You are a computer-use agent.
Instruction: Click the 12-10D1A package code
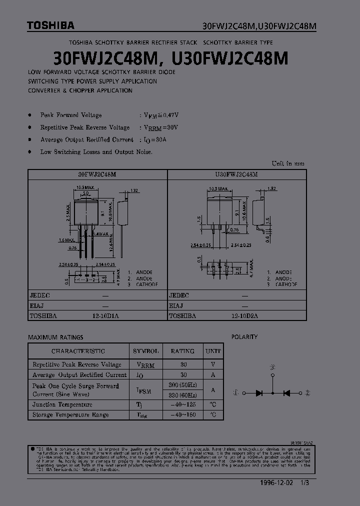coord(105,316)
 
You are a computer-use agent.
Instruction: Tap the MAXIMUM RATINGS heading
coord(55,337)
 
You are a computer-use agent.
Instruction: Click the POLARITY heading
coord(244,337)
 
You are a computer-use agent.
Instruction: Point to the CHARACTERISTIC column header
coord(78,351)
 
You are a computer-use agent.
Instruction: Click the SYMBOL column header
coord(146,351)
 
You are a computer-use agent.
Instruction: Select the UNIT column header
coord(213,351)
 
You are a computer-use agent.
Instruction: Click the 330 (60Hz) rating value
coord(183,395)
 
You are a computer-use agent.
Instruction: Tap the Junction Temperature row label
coord(62,404)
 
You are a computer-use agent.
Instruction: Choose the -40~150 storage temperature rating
coord(183,414)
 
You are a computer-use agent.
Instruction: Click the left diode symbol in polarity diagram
coord(259,393)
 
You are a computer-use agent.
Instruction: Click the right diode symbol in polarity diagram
coord(287,393)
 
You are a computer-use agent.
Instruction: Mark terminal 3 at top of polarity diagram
coord(272,367)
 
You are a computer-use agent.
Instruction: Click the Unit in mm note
coord(287,163)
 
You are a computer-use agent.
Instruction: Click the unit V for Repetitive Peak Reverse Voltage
coord(213,364)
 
